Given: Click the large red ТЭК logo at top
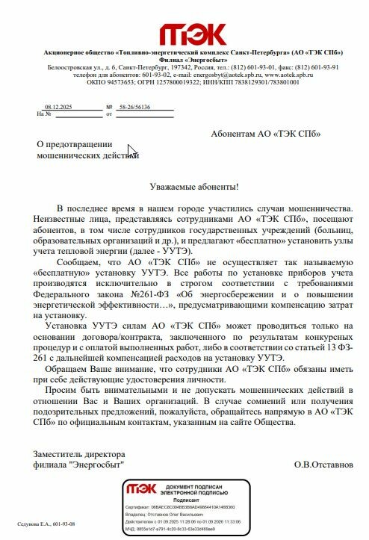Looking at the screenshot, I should tap(192, 33).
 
